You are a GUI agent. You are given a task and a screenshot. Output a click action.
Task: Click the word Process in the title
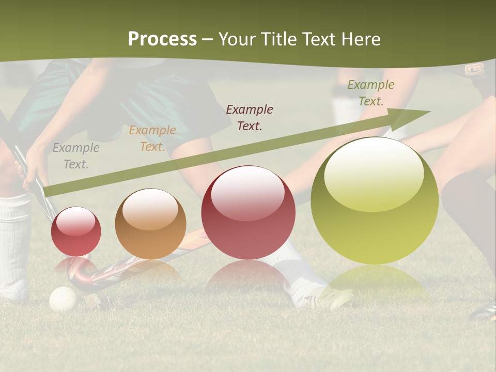(162, 39)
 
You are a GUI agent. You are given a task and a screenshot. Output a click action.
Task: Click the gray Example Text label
(76, 156)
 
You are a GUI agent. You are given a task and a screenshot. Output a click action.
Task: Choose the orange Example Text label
(152, 138)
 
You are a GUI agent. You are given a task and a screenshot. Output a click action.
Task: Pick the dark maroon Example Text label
(250, 117)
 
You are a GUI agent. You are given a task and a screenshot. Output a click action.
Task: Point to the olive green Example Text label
(370, 93)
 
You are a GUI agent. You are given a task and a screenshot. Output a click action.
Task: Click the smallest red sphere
(76, 231)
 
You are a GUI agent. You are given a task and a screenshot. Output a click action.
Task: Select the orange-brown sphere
(150, 224)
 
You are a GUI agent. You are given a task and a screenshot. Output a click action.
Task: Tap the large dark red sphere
(248, 212)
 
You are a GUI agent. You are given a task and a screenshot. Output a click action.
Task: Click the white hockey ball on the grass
(63, 299)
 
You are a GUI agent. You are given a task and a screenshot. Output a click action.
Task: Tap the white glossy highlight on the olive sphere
(374, 173)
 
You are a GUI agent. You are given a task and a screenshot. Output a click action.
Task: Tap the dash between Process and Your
(208, 39)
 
